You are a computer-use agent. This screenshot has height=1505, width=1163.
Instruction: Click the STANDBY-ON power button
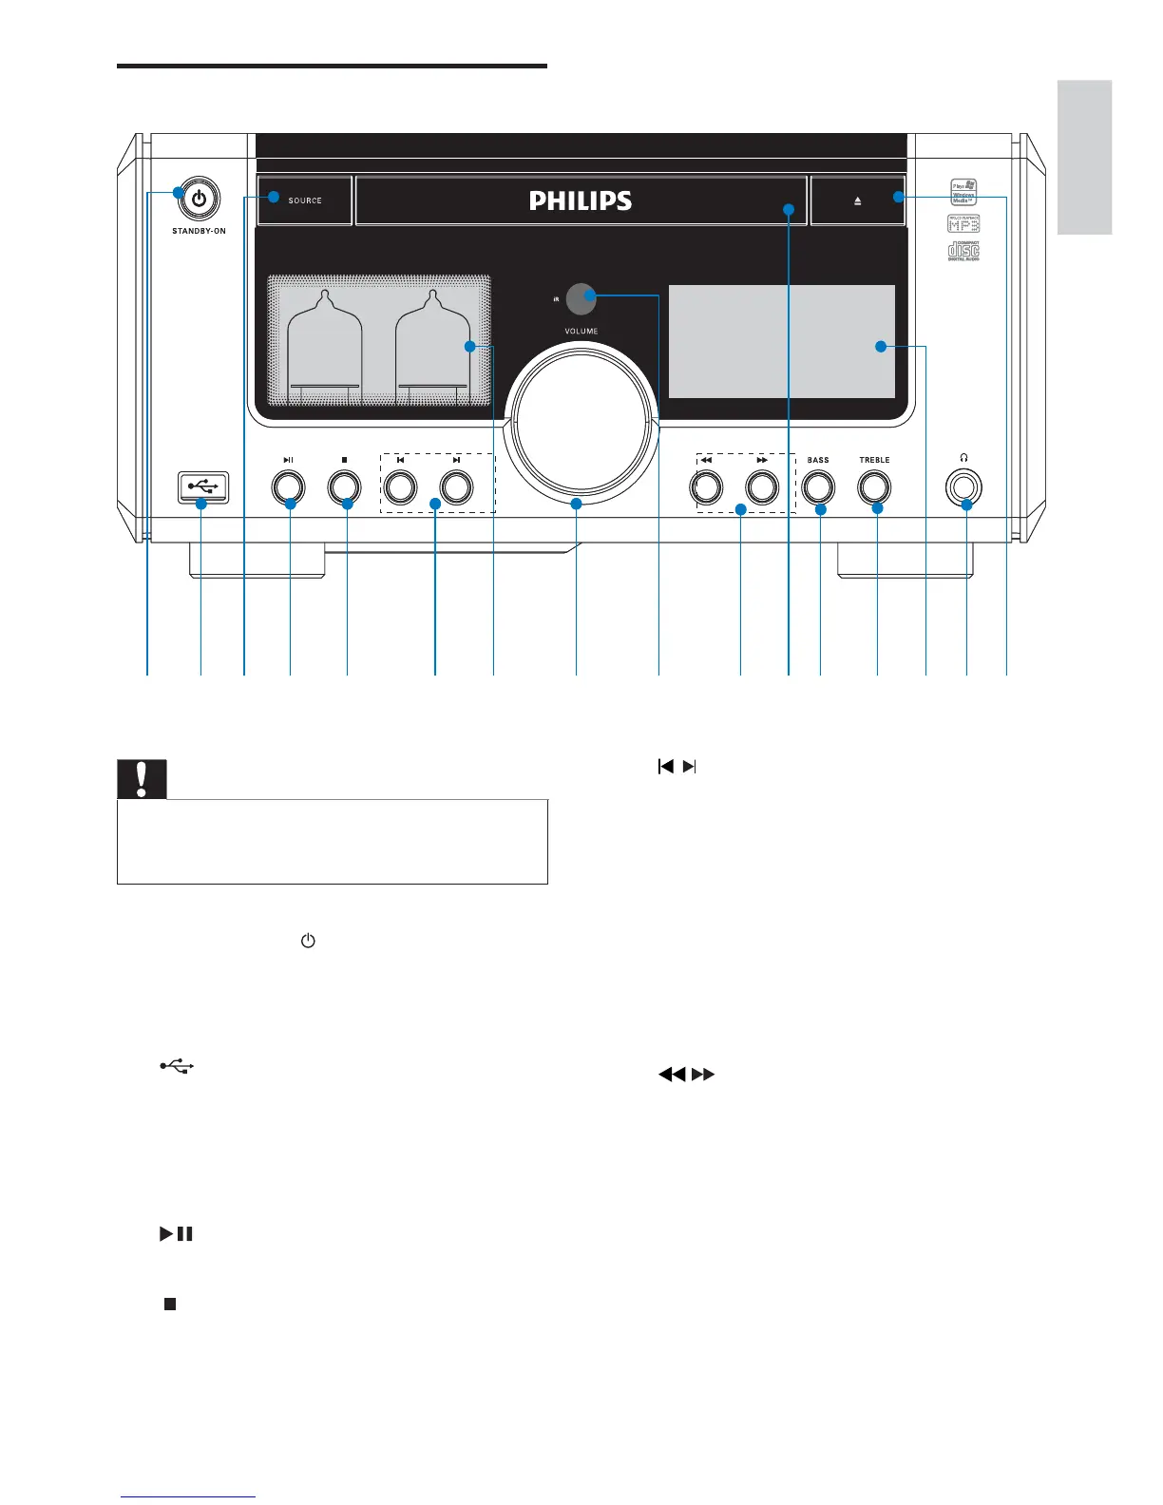tap(199, 200)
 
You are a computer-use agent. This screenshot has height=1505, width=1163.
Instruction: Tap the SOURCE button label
tap(305, 200)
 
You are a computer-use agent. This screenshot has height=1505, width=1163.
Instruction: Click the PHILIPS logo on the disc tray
tap(581, 200)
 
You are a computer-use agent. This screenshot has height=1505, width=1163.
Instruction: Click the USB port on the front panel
tap(202, 486)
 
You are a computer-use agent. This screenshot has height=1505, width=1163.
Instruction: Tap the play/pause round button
tap(288, 487)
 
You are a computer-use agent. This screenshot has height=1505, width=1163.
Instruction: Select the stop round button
tap(344, 487)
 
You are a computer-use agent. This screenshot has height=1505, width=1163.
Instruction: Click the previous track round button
tap(400, 487)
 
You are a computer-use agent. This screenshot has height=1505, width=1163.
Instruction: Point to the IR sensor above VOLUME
tap(581, 298)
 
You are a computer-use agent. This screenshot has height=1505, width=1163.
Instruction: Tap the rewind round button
tap(706, 487)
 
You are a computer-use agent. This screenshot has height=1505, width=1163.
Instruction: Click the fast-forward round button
tap(762, 487)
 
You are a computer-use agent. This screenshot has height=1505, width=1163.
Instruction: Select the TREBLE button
tap(874, 487)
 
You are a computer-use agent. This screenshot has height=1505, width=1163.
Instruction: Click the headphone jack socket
tap(963, 487)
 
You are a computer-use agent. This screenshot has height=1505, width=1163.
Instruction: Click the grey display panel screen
tap(781, 341)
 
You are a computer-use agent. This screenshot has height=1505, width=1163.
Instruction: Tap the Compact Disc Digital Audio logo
tap(963, 251)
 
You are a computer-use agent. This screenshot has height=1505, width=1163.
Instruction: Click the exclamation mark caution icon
tap(142, 779)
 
